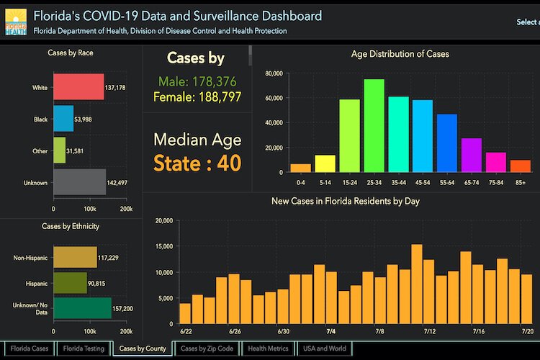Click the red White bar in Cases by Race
(x=78, y=88)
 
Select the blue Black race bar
(x=63, y=119)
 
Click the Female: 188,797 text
(x=196, y=96)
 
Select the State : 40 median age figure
(x=196, y=163)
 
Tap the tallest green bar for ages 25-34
(x=374, y=126)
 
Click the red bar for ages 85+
(x=521, y=166)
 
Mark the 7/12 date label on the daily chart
(x=430, y=331)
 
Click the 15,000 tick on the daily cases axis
(x=165, y=246)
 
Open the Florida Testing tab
(x=84, y=349)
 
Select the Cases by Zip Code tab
(x=207, y=349)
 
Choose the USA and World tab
(x=325, y=349)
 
